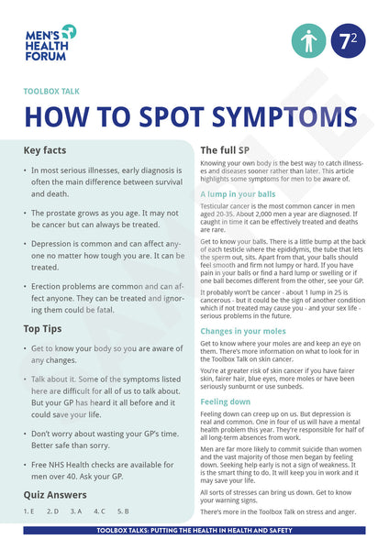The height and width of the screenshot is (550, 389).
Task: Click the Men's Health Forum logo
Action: pyautogui.click(x=50, y=42)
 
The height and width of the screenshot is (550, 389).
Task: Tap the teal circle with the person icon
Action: pyautogui.click(x=308, y=41)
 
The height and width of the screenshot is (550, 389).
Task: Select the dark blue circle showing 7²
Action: pyautogui.click(x=348, y=41)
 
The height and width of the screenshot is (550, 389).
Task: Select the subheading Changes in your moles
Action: pyautogui.click(x=242, y=330)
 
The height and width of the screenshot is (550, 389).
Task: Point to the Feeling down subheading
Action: pyautogui.click(x=226, y=401)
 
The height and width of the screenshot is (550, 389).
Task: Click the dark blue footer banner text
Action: pyautogui.click(x=194, y=531)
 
